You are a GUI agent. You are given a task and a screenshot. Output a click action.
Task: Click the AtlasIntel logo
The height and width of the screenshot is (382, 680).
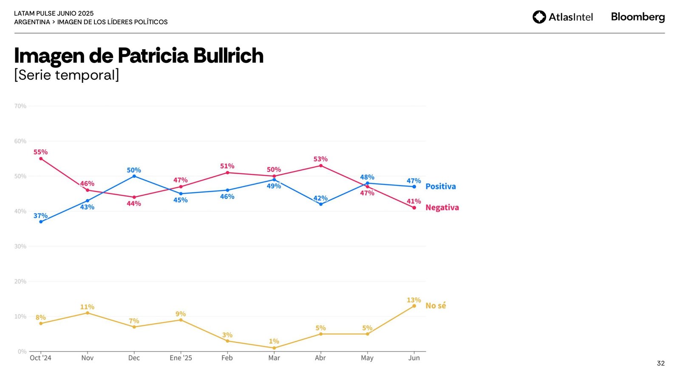[x=562, y=17]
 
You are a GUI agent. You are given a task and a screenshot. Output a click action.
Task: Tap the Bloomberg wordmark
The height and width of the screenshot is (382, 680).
[x=637, y=17]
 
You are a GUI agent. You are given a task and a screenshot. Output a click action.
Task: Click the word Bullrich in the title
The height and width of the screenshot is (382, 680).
[x=228, y=56]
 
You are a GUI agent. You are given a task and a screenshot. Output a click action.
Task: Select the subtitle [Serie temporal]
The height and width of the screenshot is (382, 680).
[x=67, y=75]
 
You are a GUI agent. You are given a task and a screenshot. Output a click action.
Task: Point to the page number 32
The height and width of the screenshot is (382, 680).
[x=660, y=363]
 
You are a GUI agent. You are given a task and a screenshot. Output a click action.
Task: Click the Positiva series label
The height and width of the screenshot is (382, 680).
[x=440, y=186]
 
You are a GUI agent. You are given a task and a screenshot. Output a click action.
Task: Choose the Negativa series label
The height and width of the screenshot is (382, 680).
[x=442, y=208]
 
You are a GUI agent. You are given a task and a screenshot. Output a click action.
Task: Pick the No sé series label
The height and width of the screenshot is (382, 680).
[x=436, y=306]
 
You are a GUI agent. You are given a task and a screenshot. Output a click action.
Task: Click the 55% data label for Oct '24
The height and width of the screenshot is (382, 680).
[x=40, y=152]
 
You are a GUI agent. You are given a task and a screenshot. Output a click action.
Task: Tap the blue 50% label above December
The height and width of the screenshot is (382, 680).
[x=134, y=170]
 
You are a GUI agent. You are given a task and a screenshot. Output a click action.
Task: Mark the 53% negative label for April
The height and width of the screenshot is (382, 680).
[x=320, y=159]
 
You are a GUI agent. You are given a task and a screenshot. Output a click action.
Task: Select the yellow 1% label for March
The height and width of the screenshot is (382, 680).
[x=274, y=341]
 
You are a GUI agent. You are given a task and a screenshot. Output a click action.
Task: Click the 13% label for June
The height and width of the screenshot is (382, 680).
[x=414, y=300]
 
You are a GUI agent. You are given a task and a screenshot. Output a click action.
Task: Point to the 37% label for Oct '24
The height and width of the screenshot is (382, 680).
[x=40, y=216]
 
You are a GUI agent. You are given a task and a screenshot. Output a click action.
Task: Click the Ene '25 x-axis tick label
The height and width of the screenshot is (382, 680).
[x=181, y=358]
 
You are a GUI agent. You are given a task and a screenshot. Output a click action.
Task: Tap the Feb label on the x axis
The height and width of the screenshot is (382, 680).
[x=227, y=358]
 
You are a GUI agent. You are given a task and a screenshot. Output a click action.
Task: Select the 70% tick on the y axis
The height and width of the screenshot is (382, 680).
[x=20, y=106]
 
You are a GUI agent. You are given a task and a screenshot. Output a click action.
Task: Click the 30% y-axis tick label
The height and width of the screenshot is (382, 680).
[x=20, y=246]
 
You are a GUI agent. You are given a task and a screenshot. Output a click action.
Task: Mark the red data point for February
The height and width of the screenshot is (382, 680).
[x=227, y=173]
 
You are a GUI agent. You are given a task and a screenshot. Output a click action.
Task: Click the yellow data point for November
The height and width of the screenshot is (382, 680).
[x=88, y=313]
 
